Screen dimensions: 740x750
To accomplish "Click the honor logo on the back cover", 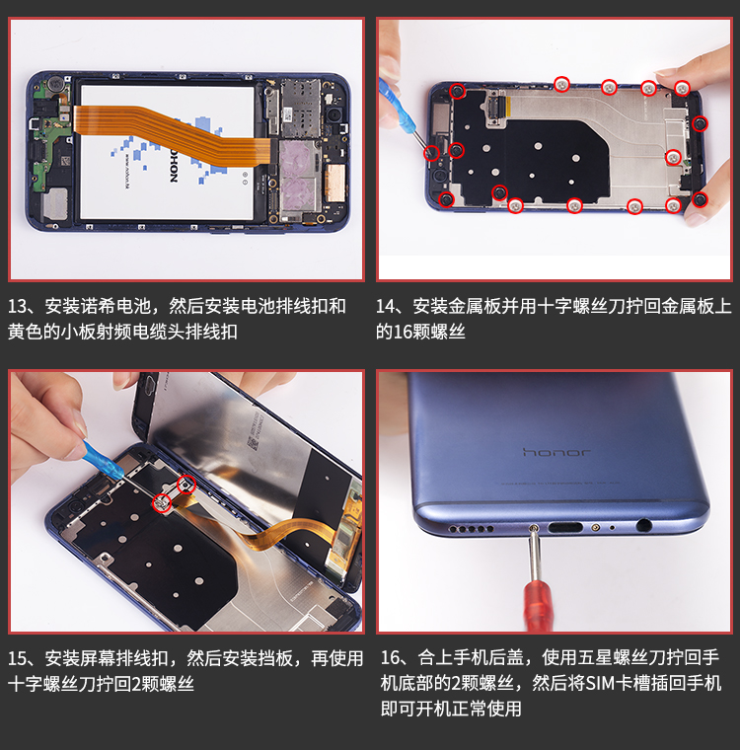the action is tap(556, 452).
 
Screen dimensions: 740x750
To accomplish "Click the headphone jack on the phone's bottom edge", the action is tap(644, 525).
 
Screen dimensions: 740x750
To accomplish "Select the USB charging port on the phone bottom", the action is tap(565, 528).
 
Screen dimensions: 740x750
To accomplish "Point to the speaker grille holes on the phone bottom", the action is tap(471, 529).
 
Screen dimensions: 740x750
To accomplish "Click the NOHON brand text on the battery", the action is tap(174, 166).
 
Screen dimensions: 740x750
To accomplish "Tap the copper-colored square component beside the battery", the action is tap(335, 183).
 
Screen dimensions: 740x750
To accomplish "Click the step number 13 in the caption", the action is tap(18, 306).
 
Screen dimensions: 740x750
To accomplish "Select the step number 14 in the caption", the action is tap(386, 306).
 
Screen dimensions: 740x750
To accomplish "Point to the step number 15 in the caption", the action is tap(18, 658).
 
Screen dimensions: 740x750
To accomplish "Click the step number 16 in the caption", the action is tap(391, 657).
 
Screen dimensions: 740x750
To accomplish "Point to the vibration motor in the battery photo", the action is tap(56, 83).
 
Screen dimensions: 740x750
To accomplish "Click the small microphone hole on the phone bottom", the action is tap(613, 528).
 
